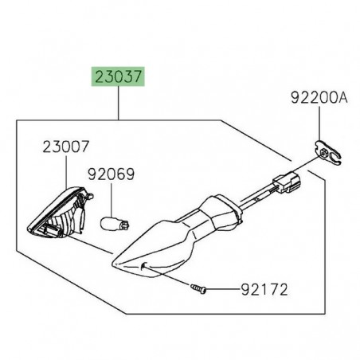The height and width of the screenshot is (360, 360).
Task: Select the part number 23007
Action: (66, 147)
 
